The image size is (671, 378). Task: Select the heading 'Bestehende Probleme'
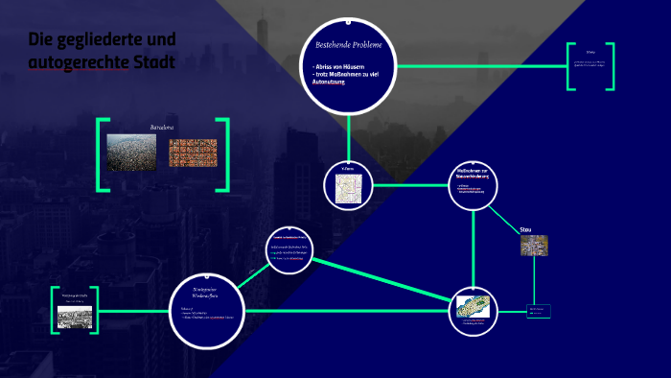coord(348,46)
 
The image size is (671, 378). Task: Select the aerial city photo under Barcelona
coord(131,152)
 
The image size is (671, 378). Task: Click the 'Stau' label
coord(525,230)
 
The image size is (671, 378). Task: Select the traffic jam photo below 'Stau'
coord(533,246)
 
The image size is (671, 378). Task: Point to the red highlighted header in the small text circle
coord(289,235)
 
